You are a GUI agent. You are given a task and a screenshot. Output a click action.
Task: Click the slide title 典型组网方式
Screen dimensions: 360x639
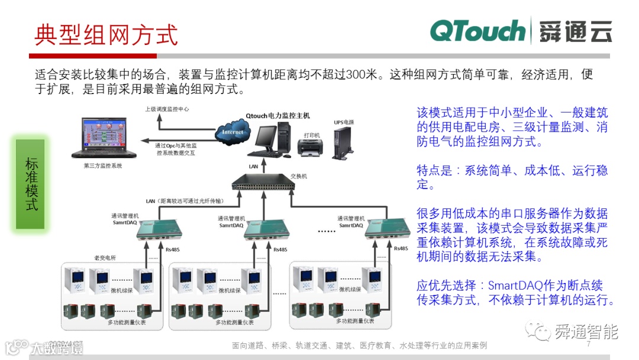pos(106,34)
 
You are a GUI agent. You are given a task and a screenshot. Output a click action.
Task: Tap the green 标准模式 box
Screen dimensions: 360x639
pos(30,184)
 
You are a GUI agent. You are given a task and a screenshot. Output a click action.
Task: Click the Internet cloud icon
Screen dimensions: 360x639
pos(233,132)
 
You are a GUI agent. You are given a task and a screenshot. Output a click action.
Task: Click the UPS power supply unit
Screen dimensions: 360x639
pos(343,144)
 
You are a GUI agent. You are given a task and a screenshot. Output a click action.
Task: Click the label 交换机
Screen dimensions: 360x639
pos(299,176)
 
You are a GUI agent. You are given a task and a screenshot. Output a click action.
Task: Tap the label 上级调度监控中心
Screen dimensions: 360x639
pos(167,109)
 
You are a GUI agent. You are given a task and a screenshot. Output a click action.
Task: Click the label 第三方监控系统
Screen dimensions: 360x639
pos(103,166)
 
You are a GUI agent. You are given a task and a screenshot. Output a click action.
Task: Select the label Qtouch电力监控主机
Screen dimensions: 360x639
pos(277,115)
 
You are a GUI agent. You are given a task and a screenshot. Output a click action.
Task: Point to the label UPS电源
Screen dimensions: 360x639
pos(344,123)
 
